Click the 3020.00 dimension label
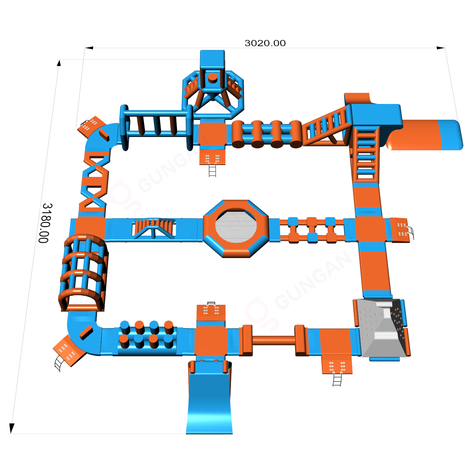(265, 43)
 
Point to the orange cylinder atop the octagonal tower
(213, 78)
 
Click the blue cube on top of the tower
(212, 60)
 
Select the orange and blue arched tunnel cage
(83, 273)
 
